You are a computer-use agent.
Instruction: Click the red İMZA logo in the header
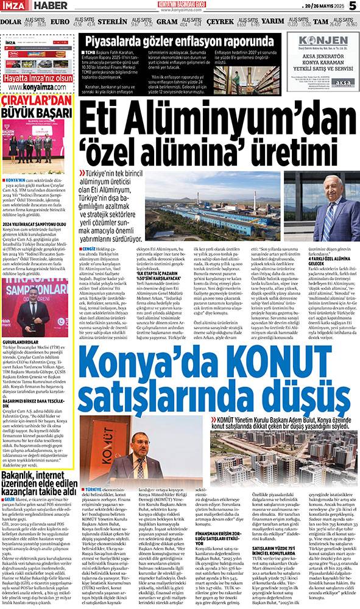click(x=14, y=7)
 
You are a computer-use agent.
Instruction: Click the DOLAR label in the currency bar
click(x=11, y=22)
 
